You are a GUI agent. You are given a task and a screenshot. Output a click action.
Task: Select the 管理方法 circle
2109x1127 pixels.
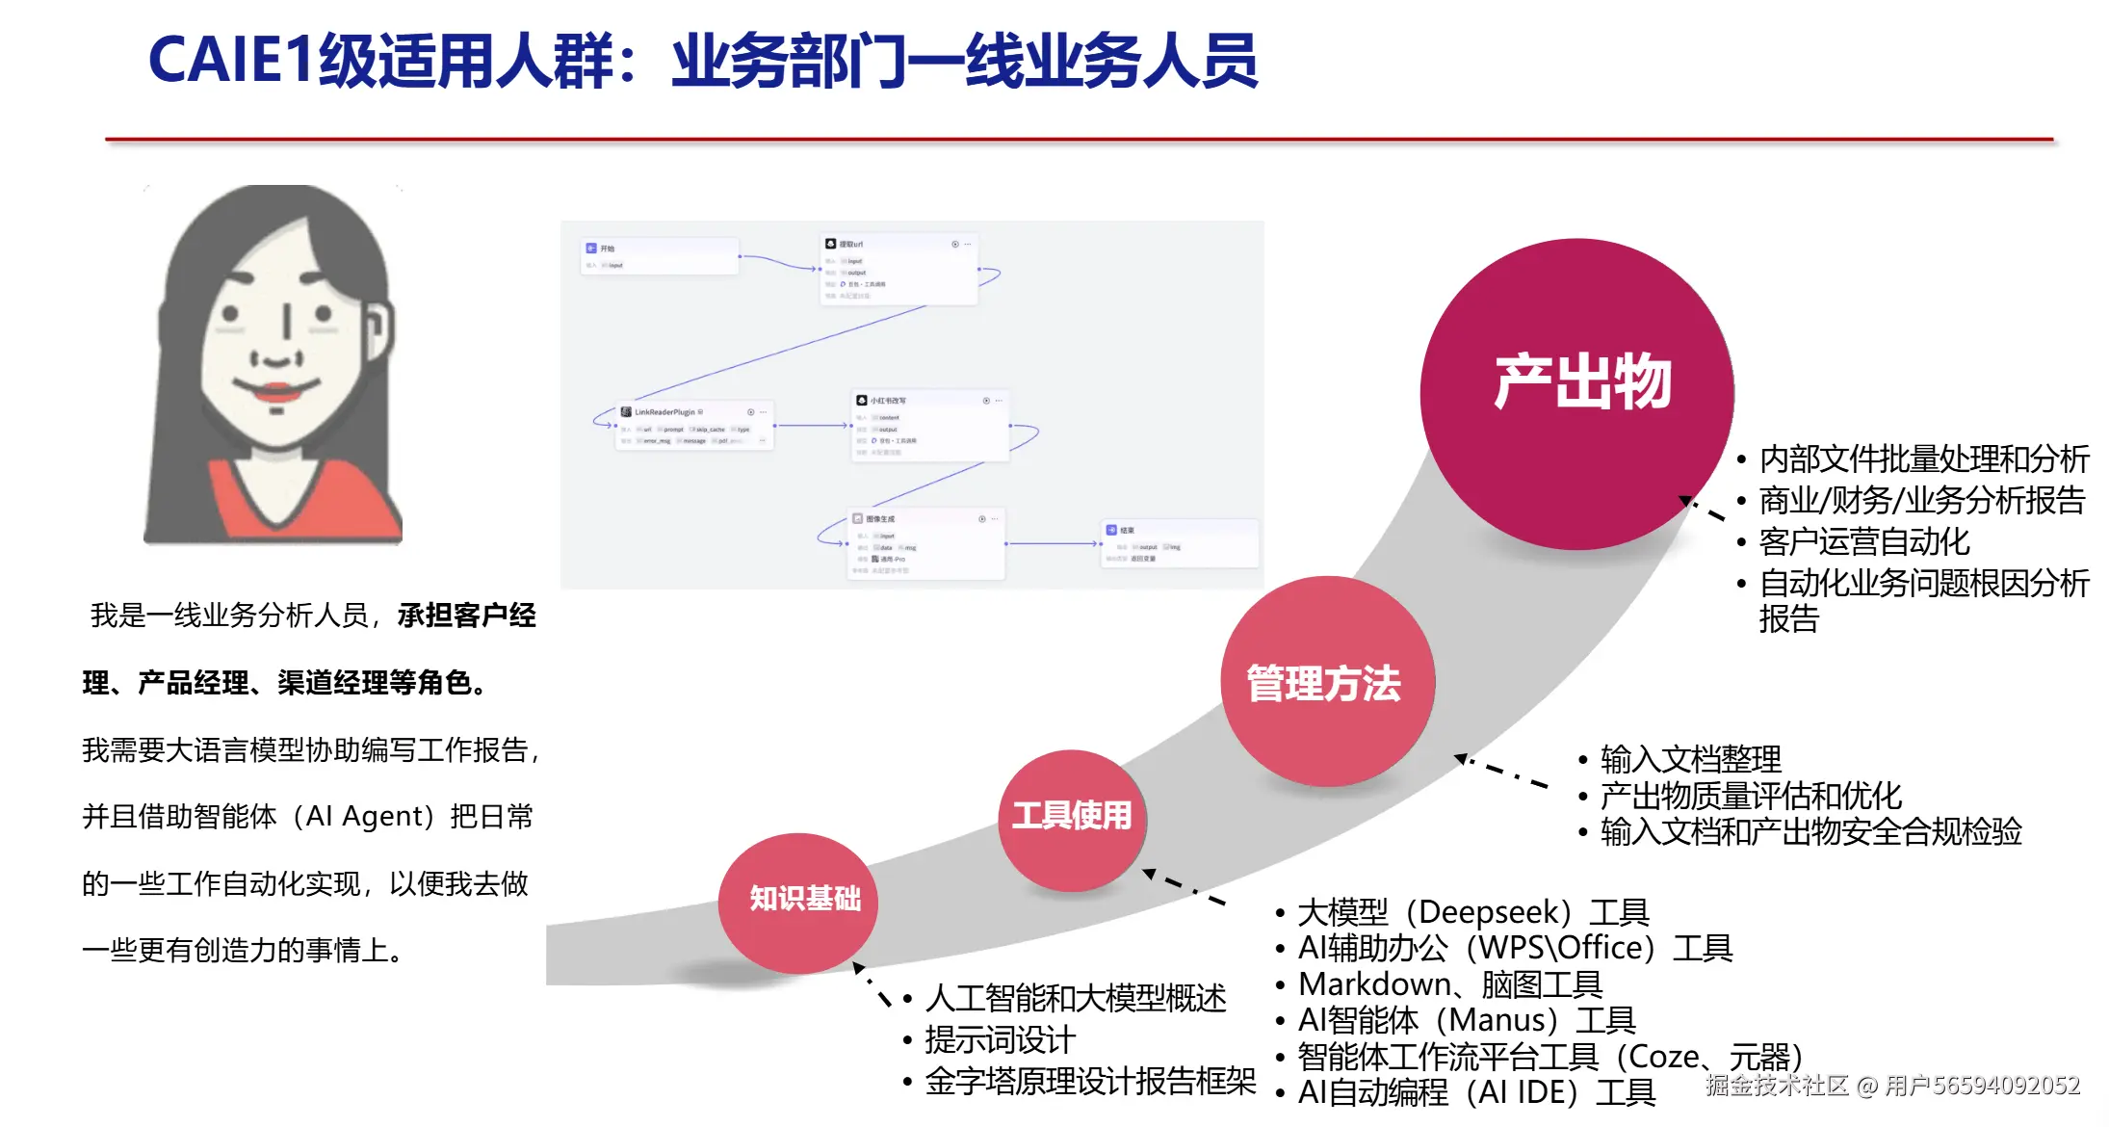[x=1326, y=683]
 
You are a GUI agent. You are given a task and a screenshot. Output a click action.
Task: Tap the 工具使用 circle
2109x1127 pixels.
[x=1072, y=818]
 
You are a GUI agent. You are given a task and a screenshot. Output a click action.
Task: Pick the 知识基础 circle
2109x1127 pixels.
[x=799, y=901]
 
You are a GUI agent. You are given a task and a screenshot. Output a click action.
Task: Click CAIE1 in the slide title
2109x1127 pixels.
[x=231, y=61]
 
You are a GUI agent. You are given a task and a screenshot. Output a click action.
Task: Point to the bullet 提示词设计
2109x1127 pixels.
[x=1000, y=1040]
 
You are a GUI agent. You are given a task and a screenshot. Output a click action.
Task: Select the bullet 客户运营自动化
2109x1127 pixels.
[x=1863, y=542]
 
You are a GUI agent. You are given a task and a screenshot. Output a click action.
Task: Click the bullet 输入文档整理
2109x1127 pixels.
[x=1690, y=760]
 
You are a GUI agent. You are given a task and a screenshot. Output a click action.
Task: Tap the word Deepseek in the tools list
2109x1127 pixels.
[x=1489, y=912]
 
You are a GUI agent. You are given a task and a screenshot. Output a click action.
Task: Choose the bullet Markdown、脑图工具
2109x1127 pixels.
[x=1449, y=984]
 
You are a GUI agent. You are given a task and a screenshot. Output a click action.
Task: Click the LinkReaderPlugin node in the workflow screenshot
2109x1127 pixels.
[x=694, y=425]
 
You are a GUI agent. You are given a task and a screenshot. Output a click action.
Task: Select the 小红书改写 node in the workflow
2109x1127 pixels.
[x=930, y=425]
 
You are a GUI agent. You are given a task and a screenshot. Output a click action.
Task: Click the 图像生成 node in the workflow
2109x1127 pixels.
[x=925, y=544]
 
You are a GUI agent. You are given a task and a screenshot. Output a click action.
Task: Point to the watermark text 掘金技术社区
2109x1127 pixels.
[x=1777, y=1086]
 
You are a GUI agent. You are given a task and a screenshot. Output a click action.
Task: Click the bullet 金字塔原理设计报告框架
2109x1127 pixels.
[x=1090, y=1082]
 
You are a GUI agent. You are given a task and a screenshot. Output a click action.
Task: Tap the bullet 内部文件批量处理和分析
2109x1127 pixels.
[x=1923, y=459]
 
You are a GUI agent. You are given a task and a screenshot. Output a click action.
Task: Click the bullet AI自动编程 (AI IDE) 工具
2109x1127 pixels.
[x=1476, y=1092]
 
